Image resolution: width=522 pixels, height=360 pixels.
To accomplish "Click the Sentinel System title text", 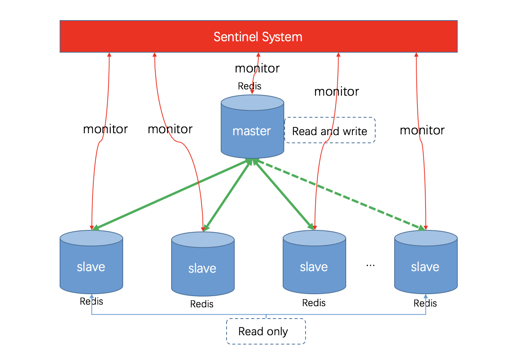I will click(258, 37).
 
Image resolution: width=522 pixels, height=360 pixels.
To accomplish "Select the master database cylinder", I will click(252, 128).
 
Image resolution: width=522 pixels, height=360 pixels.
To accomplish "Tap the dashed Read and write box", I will click(330, 130).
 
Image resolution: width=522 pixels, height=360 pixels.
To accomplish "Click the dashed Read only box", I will click(266, 331).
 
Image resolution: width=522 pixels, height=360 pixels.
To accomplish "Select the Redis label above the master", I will click(249, 86).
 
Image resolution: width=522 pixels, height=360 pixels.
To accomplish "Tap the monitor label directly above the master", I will click(257, 69).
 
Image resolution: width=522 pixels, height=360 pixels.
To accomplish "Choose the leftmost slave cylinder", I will click(91, 263).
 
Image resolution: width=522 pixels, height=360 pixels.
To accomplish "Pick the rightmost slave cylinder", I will click(426, 263).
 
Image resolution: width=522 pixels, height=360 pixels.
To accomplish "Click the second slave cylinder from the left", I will click(203, 265).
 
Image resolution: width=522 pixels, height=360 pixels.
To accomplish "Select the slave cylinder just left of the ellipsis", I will click(314, 263).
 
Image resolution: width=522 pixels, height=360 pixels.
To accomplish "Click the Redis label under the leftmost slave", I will click(91, 301).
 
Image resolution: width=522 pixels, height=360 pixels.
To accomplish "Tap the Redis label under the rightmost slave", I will click(425, 303).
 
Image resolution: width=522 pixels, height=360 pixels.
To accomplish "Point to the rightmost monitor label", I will click(422, 130).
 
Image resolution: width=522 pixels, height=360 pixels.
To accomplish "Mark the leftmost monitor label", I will click(105, 129).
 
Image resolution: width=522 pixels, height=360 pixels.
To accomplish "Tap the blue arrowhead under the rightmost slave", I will click(426, 297).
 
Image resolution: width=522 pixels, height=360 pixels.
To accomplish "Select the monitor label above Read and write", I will click(337, 92).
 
